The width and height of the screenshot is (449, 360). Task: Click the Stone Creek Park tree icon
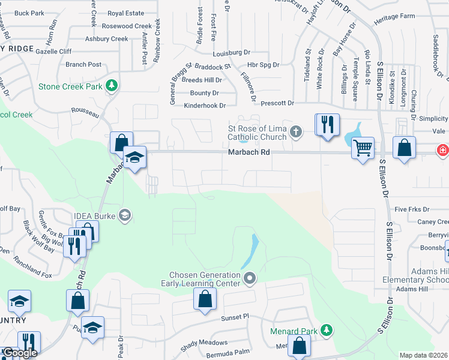(111, 86)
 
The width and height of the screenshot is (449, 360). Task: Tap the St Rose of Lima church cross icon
(295, 131)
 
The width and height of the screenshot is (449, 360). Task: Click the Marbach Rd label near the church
(249, 152)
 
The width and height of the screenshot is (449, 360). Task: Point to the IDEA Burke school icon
(125, 215)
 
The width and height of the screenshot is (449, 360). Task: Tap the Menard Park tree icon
(326, 329)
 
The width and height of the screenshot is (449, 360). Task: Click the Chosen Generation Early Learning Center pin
(250, 278)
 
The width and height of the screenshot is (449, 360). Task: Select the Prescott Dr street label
(277, 103)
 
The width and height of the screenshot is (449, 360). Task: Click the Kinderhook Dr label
(205, 106)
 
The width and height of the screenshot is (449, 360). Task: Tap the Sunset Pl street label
(234, 317)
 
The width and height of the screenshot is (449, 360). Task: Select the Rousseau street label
(85, 110)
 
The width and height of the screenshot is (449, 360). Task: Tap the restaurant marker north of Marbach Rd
(327, 124)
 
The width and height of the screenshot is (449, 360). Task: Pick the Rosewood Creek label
(127, 26)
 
